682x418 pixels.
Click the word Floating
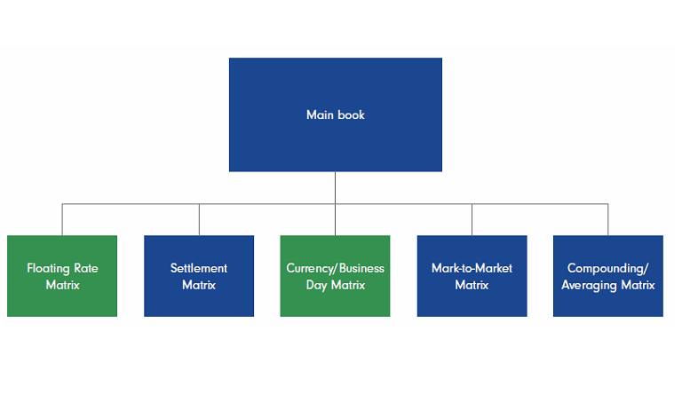tap(49, 268)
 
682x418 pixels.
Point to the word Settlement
tap(199, 268)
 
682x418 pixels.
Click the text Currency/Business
tap(335, 268)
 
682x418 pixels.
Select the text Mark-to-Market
tap(472, 268)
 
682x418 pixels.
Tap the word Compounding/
tap(608, 268)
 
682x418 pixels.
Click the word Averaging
tap(590, 285)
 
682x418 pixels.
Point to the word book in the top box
tap(351, 114)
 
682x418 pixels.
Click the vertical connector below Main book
tap(335, 187)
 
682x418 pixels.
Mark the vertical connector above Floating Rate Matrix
tap(62, 219)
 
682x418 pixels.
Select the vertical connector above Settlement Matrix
tap(199, 219)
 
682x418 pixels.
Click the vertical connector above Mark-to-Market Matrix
tap(472, 219)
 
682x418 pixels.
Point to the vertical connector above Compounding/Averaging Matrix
tap(608, 219)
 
